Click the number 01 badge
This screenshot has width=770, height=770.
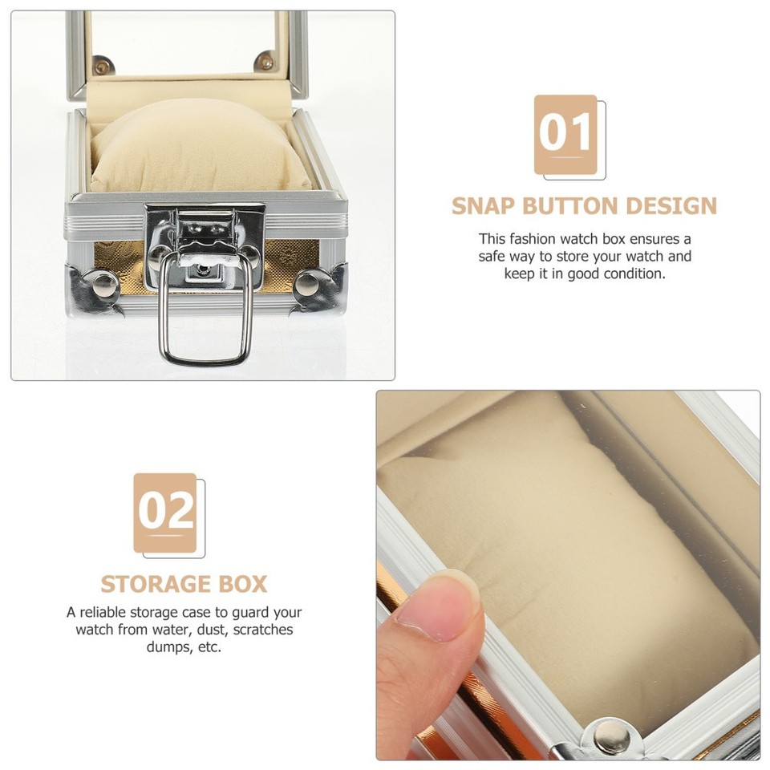coord(566,134)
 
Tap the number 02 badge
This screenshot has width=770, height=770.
coord(165,513)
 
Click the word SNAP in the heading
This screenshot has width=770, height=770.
coord(483,206)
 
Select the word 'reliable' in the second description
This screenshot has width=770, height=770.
coord(109,613)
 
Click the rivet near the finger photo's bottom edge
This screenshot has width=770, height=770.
coord(614,735)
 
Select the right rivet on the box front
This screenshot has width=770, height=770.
coord(307,283)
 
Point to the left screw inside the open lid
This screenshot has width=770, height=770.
coord(101,64)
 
